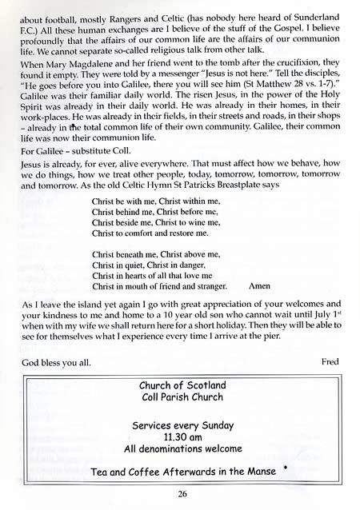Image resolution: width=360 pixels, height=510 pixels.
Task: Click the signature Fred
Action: point(329,361)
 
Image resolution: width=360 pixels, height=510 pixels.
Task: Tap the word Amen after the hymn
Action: point(259,285)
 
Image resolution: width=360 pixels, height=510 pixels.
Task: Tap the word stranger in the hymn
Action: point(209,285)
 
